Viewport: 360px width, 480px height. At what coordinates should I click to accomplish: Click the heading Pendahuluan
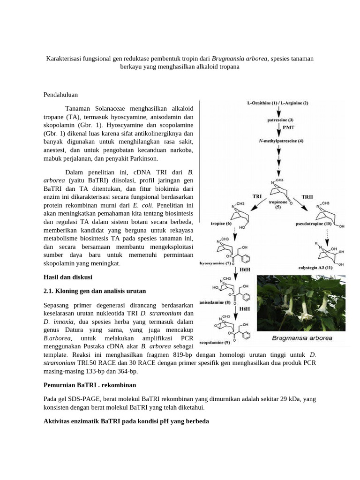coord(60,95)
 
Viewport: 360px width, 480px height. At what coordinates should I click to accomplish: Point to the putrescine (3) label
coord(280,120)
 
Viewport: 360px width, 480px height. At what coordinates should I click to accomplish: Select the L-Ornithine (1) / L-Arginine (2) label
coord(277,103)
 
